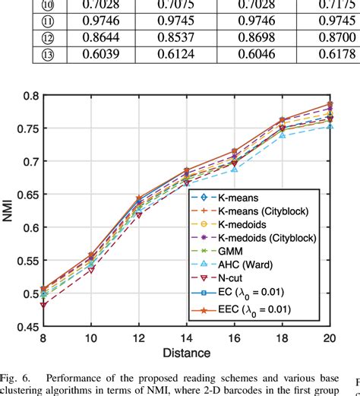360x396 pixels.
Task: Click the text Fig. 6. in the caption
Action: (x=17, y=377)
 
